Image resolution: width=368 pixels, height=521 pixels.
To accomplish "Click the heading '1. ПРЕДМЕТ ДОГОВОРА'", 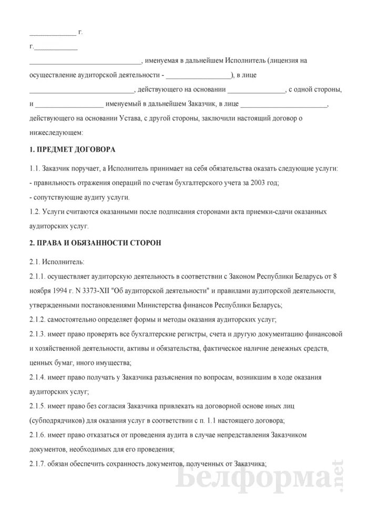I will pos(72,149).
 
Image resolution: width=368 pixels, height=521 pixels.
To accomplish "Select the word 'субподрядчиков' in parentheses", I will pos(57,421).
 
